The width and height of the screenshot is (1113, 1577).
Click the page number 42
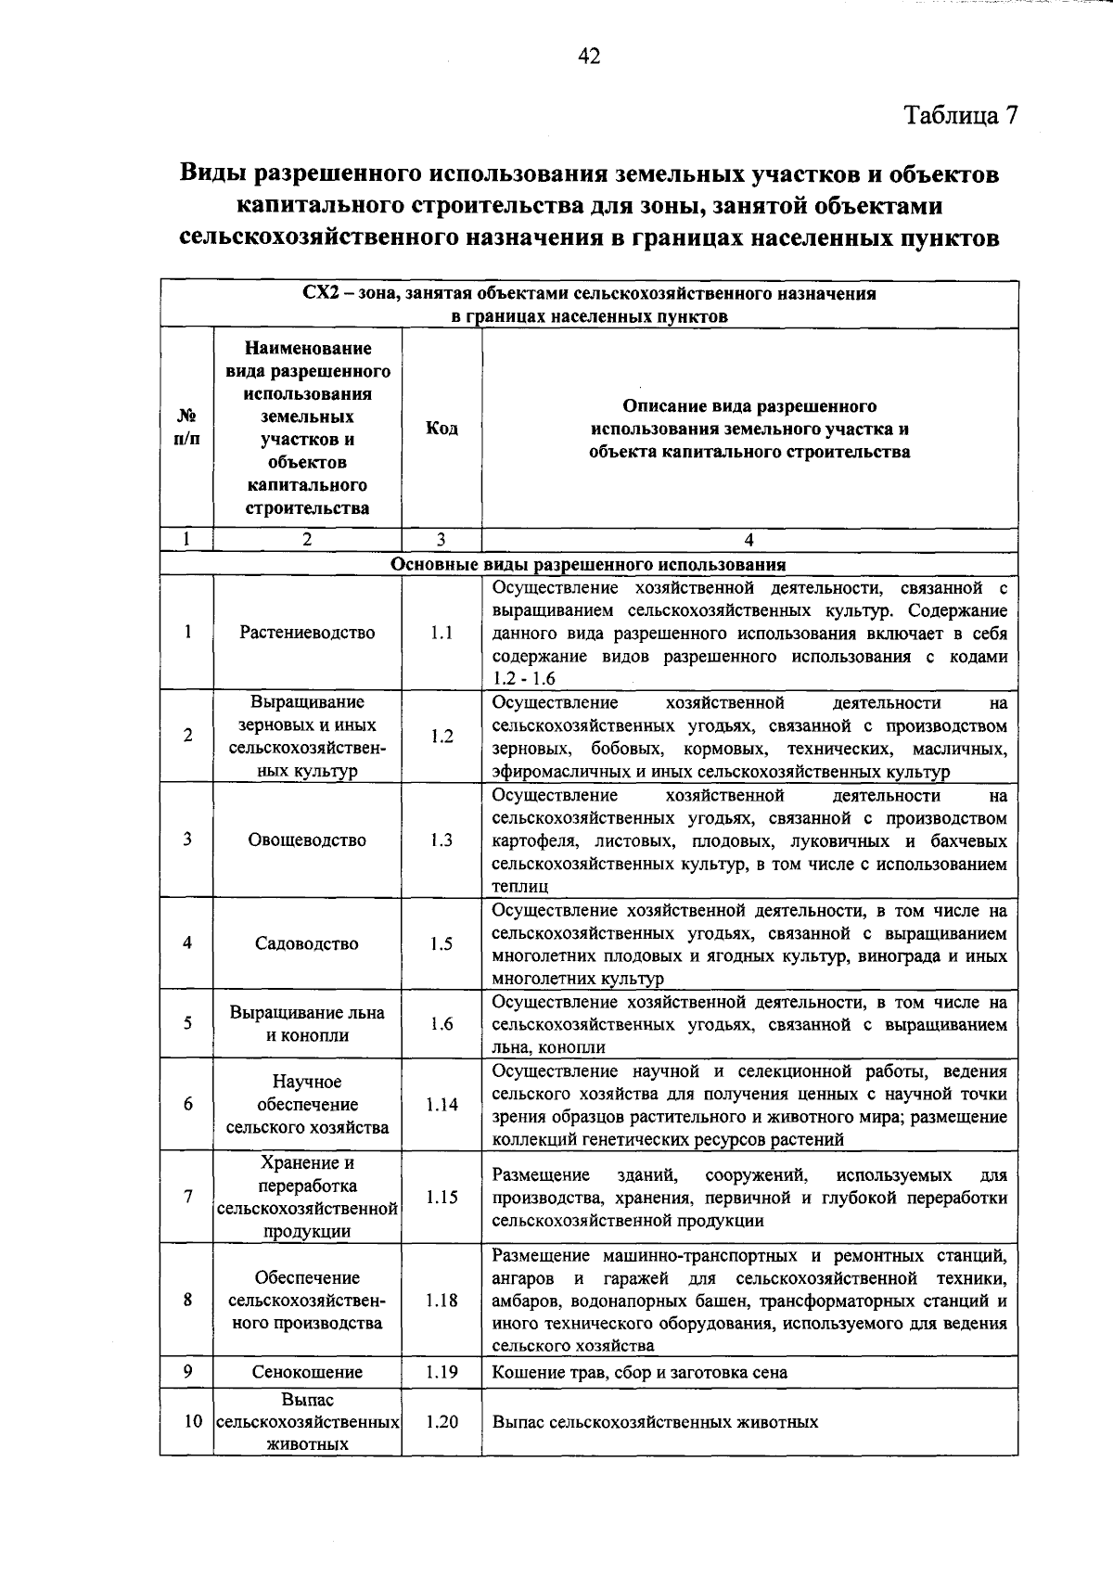(589, 57)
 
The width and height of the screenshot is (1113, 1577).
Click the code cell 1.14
(441, 1105)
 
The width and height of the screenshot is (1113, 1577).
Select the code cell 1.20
(441, 1421)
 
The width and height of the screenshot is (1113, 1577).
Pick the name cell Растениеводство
(307, 633)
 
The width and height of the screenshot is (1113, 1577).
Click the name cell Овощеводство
(307, 840)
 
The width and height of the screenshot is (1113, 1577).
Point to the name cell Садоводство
(307, 943)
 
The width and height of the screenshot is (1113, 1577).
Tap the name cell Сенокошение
(307, 1372)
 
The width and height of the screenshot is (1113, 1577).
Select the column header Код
(441, 429)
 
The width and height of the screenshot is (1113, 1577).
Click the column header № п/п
(186, 429)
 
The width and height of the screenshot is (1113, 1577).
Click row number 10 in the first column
(192, 1421)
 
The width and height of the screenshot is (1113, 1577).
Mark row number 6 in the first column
(187, 1105)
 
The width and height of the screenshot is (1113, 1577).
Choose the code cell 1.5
(441, 943)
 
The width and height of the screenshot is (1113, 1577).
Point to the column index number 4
(749, 540)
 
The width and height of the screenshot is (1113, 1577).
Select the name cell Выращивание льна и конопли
(307, 1024)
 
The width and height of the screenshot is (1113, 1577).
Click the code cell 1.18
(441, 1301)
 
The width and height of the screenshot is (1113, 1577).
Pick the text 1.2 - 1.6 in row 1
(524, 679)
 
